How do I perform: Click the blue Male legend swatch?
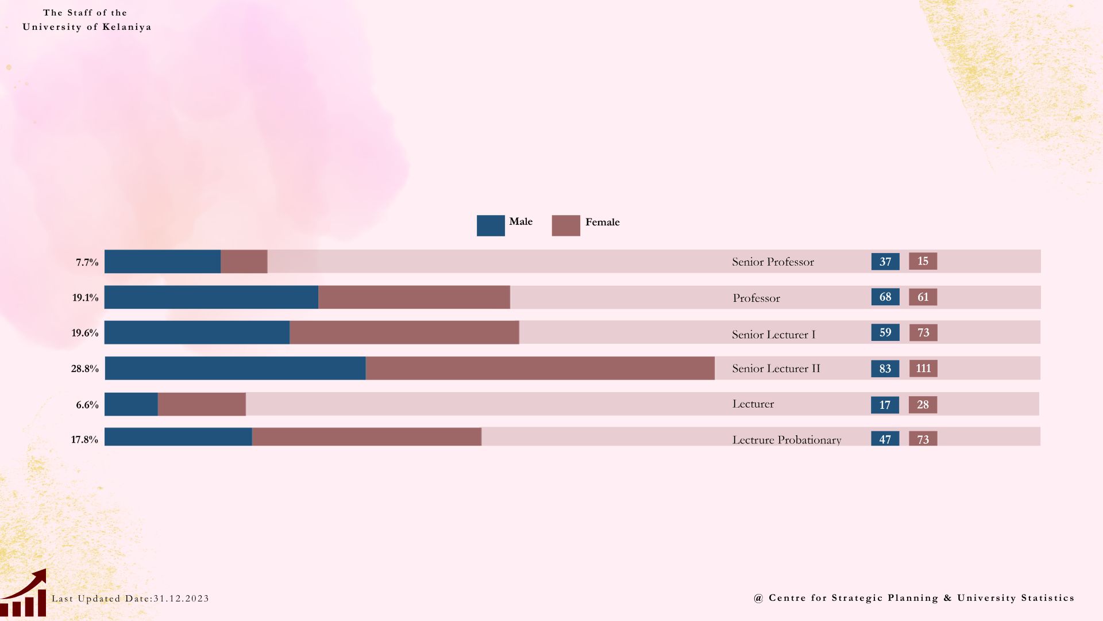pos(491,225)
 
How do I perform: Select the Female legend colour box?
pos(566,225)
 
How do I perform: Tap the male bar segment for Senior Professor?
pos(163,262)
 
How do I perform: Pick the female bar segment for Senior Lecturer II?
pos(540,368)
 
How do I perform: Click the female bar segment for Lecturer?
pos(202,404)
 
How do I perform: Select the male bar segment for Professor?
pos(211,297)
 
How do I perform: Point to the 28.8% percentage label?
pos(85,369)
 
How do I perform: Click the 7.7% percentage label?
pos(87,262)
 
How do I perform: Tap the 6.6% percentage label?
pos(87,405)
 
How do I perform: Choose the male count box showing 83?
pos(885,369)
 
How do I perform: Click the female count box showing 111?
pos(923,368)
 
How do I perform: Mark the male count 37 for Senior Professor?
pos(885,262)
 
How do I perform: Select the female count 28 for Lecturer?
pos(923,404)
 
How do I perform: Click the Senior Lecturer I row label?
pos(773,335)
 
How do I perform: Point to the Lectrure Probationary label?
pos(786,440)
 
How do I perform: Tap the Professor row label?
pos(756,298)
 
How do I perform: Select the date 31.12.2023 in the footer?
pos(181,599)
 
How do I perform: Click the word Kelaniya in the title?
pos(127,27)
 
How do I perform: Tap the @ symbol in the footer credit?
pos(758,598)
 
